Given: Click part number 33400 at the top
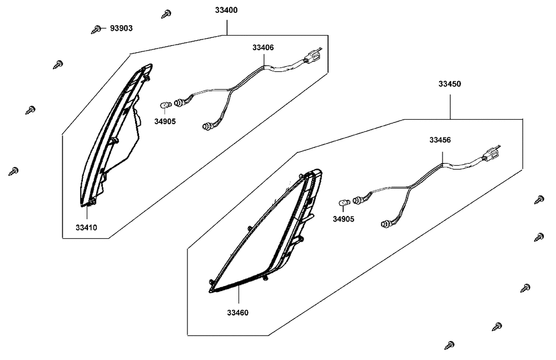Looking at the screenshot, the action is point(226,11).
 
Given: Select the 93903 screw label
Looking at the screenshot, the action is point(121,28).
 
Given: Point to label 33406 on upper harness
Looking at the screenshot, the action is point(263,48).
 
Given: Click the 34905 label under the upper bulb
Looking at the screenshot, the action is point(165,121).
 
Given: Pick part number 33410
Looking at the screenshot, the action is point(86,228).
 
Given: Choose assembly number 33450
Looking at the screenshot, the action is point(450,84).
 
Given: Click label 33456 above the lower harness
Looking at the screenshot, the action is point(440,140).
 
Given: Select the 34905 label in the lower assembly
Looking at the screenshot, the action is point(343,219).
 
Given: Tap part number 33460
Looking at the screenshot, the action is point(237,313).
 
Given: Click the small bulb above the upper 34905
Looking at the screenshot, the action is point(166,105).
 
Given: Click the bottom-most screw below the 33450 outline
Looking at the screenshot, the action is point(449,345).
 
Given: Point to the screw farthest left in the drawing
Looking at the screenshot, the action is point(13,171).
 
